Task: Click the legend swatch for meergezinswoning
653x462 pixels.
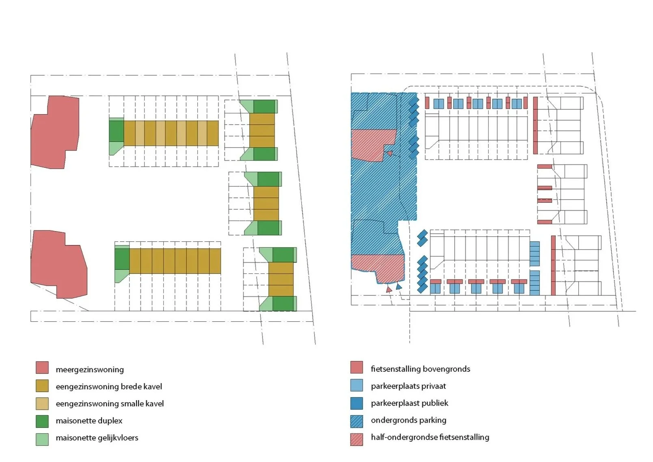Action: (42, 368)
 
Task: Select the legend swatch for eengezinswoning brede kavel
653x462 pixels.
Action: (42, 386)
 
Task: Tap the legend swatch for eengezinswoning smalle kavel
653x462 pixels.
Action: (42, 403)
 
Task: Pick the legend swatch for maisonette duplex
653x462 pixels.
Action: (42, 421)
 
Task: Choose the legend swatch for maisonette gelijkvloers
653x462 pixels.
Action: (42, 439)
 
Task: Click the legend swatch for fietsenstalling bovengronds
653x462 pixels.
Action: (356, 367)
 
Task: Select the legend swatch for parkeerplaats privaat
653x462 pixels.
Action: (356, 385)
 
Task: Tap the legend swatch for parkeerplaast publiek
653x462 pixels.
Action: (356, 403)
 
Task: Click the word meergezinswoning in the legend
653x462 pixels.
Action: (90, 370)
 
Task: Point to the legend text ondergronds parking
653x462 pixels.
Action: (408, 420)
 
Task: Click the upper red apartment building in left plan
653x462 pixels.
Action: (56, 132)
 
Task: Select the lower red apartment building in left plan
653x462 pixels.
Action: (59, 264)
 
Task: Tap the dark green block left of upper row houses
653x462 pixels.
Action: (116, 131)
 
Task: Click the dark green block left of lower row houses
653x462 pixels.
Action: (122, 259)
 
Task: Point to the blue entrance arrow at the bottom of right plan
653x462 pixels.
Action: (399, 287)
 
